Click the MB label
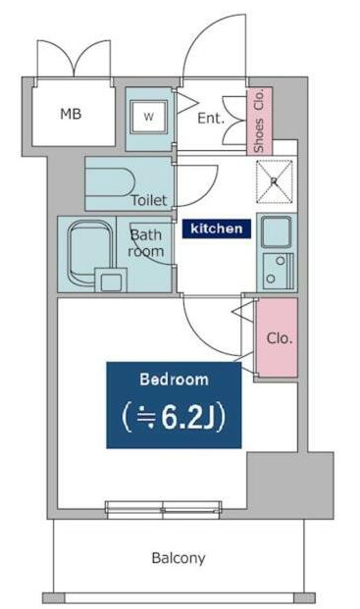point(71,114)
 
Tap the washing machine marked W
point(149,117)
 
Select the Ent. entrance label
point(211,119)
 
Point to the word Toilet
point(149,200)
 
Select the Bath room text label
point(146,243)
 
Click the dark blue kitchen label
point(218,228)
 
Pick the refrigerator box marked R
point(276,180)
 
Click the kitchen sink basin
point(276,232)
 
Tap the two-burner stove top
point(276,269)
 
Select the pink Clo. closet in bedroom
point(277,338)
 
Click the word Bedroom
point(173,380)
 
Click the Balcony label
point(179,558)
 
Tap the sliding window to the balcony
point(163,509)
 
